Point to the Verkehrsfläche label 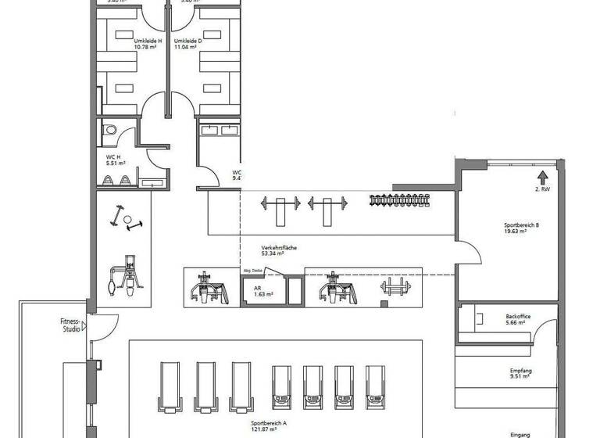[x=279, y=248]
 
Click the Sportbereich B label [x=522, y=225]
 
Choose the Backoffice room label [x=518, y=316]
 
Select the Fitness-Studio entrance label [x=71, y=325]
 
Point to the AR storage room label [x=257, y=287]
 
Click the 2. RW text [x=542, y=189]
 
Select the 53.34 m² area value [x=273, y=254]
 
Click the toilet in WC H [x=109, y=131]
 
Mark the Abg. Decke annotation [x=254, y=269]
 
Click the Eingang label [x=520, y=433]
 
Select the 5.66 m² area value [x=518, y=323]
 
